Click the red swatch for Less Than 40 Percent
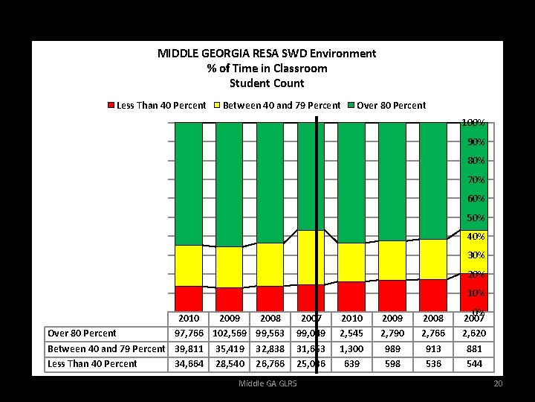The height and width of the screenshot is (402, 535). (x=111, y=105)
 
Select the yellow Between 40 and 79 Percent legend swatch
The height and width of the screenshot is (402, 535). (x=218, y=105)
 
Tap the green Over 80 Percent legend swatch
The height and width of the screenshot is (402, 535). (x=351, y=105)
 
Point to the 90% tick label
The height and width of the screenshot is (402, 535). (x=476, y=141)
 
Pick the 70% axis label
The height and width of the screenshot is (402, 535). (x=476, y=179)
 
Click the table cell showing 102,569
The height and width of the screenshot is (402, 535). (x=230, y=333)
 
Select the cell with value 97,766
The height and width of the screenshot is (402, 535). (x=189, y=333)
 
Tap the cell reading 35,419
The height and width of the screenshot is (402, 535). (x=230, y=348)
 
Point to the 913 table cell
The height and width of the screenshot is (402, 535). (x=432, y=348)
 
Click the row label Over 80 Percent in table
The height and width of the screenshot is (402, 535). (x=82, y=333)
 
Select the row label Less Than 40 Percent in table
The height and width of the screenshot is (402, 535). (x=92, y=364)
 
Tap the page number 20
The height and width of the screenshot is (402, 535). (x=498, y=383)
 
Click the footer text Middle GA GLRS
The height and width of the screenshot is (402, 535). (x=267, y=383)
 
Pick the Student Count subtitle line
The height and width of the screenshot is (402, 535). (x=267, y=83)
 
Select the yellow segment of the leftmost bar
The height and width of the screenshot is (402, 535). (x=189, y=265)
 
